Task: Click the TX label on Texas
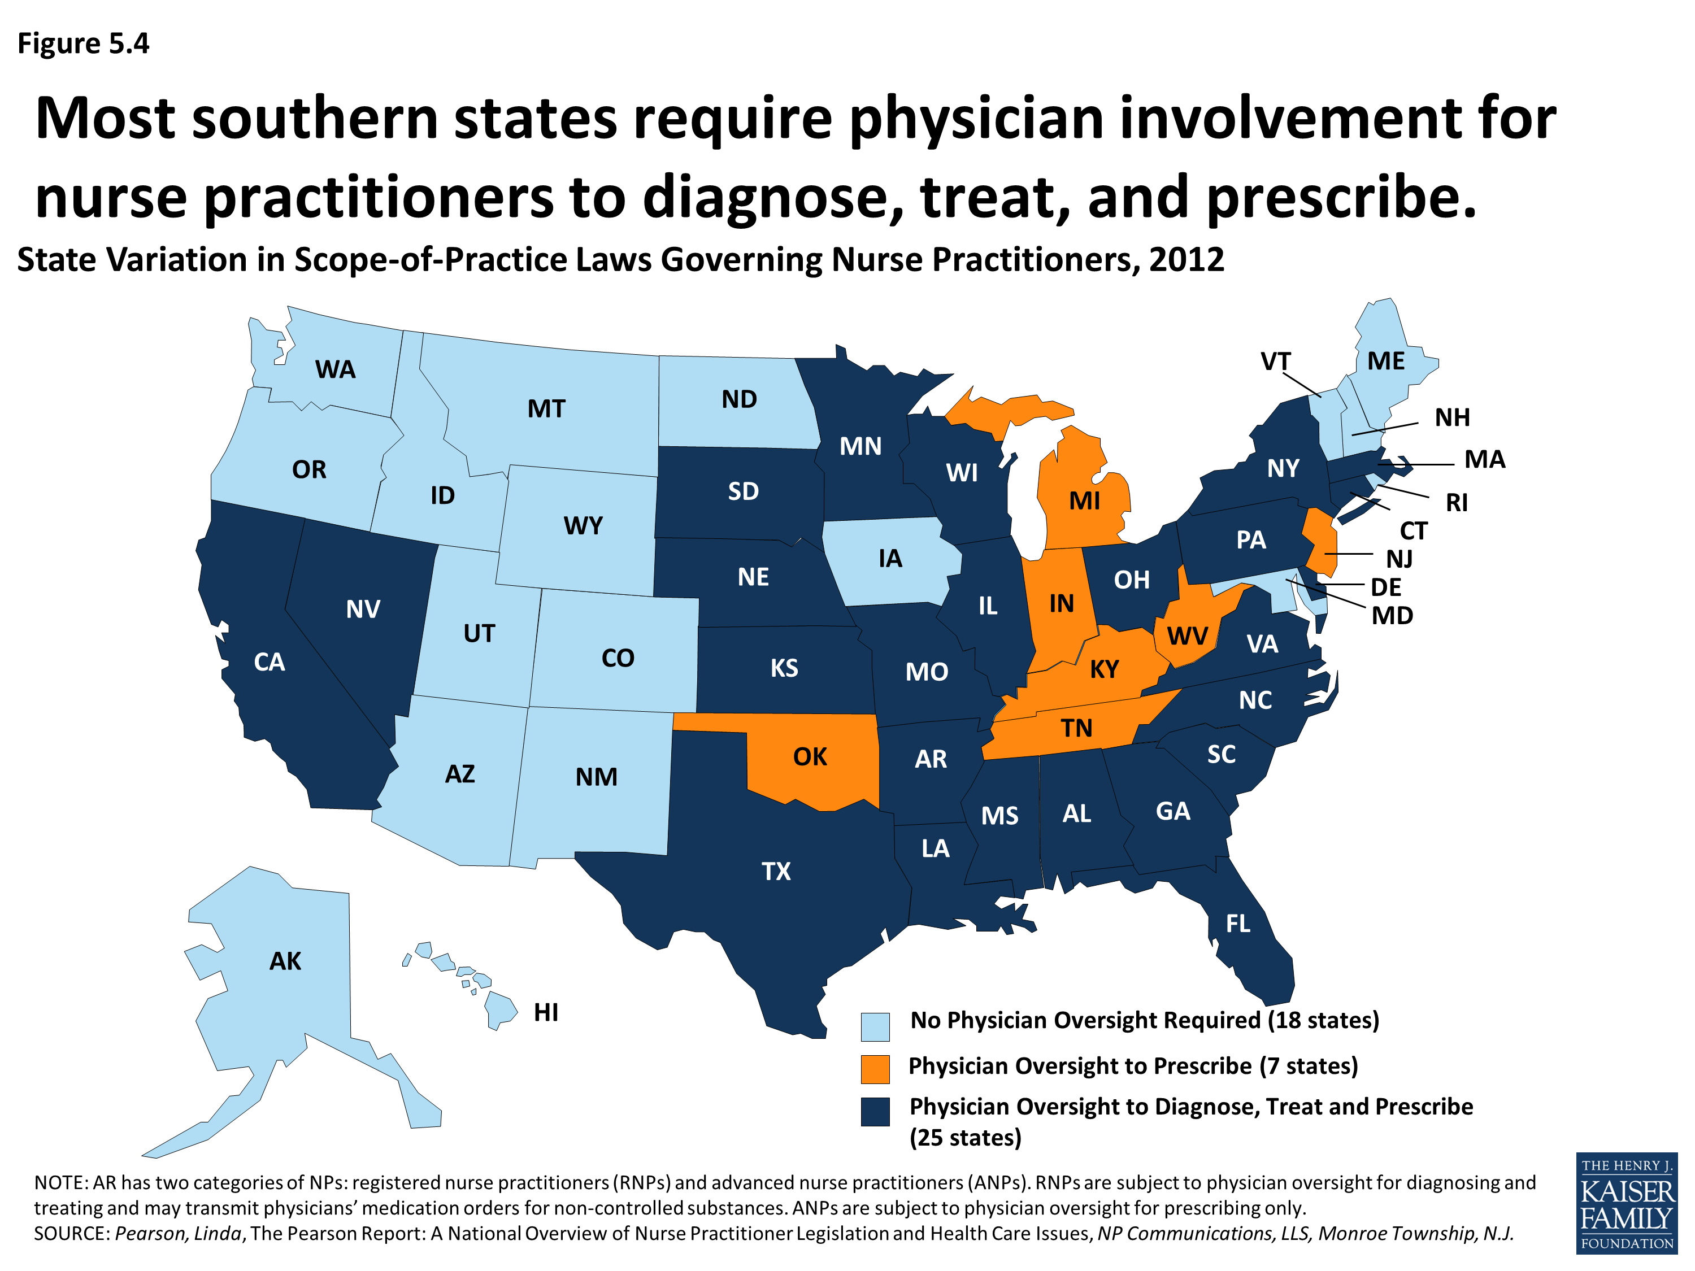(776, 871)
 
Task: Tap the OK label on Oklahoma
(810, 757)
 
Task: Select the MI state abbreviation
(1084, 501)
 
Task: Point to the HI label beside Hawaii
(546, 1012)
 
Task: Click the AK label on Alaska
(285, 961)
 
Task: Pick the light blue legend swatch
(875, 1026)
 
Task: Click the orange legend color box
(875, 1069)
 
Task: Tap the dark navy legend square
(875, 1111)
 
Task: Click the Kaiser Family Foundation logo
(1627, 1203)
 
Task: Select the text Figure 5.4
(82, 43)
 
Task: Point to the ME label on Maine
(1385, 361)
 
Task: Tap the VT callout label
(1275, 361)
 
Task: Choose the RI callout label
(1456, 503)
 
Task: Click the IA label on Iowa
(890, 559)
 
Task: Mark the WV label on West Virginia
(1187, 636)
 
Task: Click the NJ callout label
(1399, 559)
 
